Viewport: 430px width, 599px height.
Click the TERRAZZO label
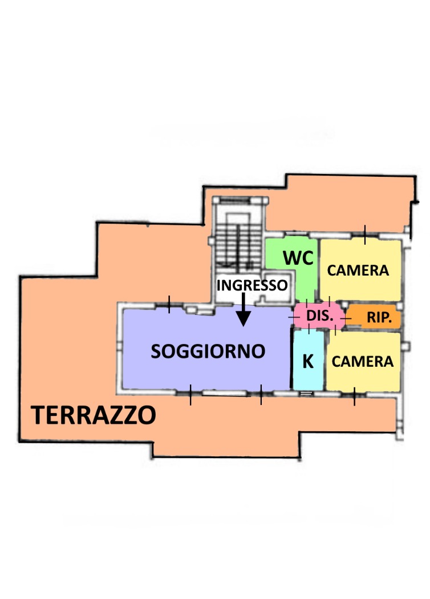[x=94, y=415]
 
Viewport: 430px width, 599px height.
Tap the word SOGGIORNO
[x=208, y=351]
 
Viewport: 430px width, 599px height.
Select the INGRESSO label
[x=252, y=285]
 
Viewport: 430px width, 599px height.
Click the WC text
[x=298, y=258]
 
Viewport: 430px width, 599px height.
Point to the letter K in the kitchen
[x=308, y=361]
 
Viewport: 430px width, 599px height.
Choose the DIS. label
[x=320, y=316]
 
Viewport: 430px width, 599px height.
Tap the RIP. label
[x=379, y=317]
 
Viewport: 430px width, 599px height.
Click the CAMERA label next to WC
[x=358, y=270]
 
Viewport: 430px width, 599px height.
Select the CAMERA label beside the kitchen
[x=362, y=361]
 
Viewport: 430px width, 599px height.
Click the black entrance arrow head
[x=244, y=318]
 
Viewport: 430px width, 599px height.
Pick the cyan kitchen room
[x=308, y=360]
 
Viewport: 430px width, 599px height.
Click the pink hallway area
[x=319, y=315]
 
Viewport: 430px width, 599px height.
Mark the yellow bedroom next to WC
[x=360, y=270]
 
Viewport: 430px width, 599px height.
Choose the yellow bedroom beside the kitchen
[x=363, y=361]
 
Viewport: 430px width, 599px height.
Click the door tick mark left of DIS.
[x=294, y=317]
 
